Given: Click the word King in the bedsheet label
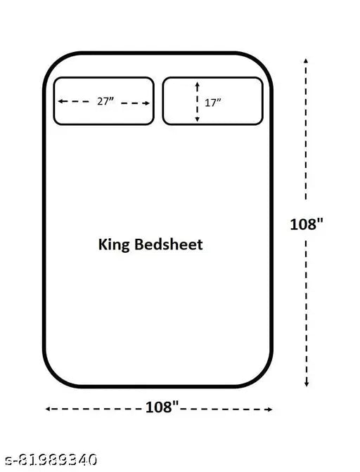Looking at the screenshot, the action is pos(114,245).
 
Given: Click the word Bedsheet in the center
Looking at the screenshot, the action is pos(169,244).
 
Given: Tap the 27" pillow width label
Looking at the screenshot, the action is pos(105,101).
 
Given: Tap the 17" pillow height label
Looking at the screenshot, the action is pos(212,103).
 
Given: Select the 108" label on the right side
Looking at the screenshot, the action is pos(307,224).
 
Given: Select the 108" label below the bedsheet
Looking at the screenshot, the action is pos(162,407).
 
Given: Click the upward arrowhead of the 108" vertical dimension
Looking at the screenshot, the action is pos(306,60).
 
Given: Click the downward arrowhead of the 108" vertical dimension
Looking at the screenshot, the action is pos(307,384).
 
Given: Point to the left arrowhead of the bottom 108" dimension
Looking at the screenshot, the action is pos(48,409).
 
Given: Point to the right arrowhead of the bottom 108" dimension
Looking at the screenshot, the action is pos(270,409).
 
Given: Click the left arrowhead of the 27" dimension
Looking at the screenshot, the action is pos(60,101).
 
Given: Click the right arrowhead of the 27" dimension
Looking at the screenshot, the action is pos(147,103).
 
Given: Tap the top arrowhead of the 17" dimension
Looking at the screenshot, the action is pos(198,84).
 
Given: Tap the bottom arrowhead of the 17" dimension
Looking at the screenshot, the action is pos(198,119).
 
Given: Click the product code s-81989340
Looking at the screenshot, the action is pos(51,459).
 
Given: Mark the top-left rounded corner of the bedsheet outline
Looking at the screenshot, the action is pos(53,63).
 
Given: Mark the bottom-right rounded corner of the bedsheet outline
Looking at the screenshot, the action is pos(263,377).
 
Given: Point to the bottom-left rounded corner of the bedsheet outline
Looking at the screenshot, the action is pos(53,377).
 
